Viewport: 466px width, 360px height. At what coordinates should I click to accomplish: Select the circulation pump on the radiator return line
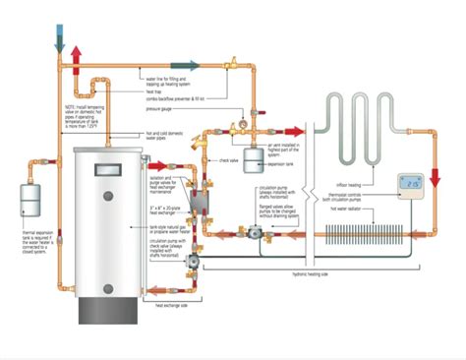pyautogui.click(x=259, y=234)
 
